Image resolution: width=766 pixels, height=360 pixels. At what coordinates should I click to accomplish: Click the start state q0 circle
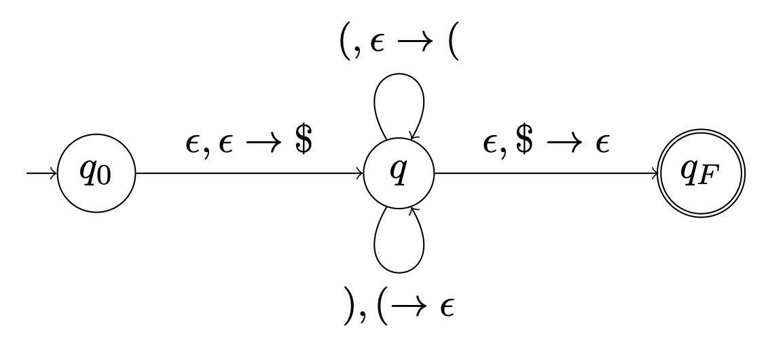point(97,174)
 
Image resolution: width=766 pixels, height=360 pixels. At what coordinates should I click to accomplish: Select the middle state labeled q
point(399,174)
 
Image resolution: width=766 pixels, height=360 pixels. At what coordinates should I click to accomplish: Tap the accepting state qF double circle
point(702,174)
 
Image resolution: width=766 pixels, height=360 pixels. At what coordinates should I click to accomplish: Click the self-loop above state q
point(399,102)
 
